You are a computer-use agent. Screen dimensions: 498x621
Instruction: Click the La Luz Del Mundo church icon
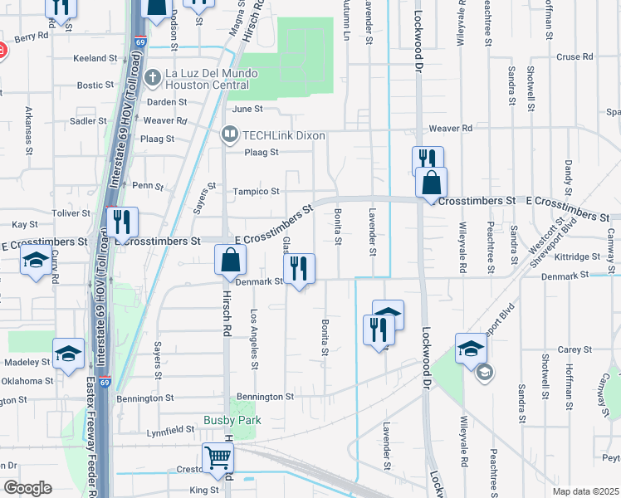coord(152,78)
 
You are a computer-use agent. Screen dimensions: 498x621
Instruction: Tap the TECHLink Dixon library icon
coord(229,134)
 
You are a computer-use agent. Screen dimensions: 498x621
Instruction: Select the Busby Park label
coord(232,421)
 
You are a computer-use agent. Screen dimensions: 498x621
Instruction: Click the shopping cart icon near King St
coord(218,457)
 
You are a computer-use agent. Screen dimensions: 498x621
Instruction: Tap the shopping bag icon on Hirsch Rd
coord(231,261)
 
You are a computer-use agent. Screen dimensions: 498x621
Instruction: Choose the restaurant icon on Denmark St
coord(299,268)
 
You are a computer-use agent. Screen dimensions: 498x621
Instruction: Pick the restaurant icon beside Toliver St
coord(122,222)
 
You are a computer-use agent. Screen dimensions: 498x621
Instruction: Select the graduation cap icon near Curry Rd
coord(36,261)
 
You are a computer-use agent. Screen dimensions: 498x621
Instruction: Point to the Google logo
coord(27,488)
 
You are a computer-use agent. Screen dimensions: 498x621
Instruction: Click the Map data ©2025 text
coord(585,491)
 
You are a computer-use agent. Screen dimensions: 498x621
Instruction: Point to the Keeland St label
coord(95,59)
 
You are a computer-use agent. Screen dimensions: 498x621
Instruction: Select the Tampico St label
coord(256,192)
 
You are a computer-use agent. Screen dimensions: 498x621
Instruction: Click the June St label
coord(247,109)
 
